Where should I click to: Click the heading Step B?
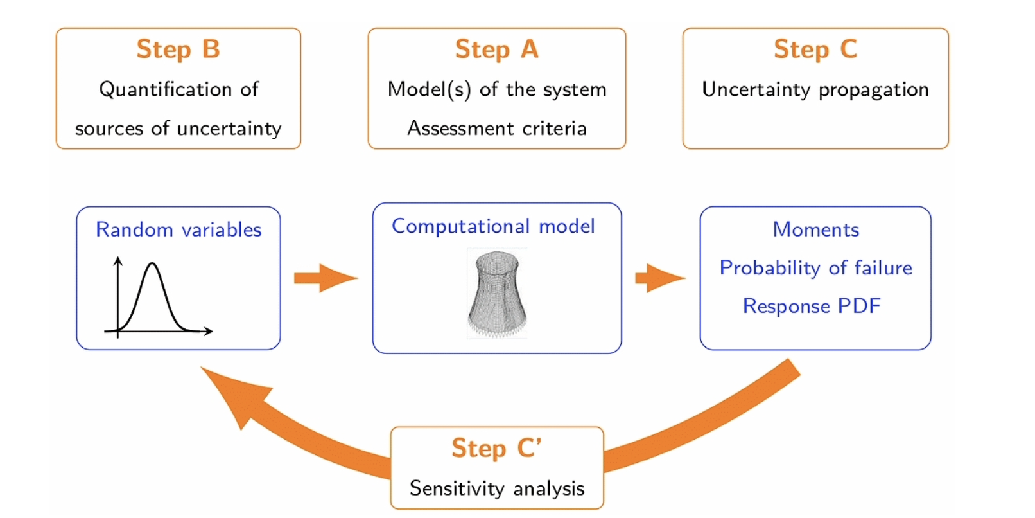[178, 49]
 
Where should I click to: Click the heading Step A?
[497, 49]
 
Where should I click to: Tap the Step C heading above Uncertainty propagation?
[815, 49]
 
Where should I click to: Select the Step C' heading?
[497, 448]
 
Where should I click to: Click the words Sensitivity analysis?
[497, 488]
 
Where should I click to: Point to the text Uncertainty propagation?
[815, 90]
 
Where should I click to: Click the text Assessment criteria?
[497, 128]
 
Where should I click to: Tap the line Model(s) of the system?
[497, 89]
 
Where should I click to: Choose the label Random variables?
[178, 229]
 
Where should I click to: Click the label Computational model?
[493, 226]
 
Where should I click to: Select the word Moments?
[816, 229]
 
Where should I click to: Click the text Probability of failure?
[816, 268]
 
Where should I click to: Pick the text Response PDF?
[812, 306]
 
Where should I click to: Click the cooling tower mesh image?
[497, 293]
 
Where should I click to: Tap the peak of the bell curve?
[152, 263]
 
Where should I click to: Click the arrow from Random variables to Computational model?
[326, 278]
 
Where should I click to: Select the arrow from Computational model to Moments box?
[660, 278]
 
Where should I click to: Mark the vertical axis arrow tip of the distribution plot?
[118, 258]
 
